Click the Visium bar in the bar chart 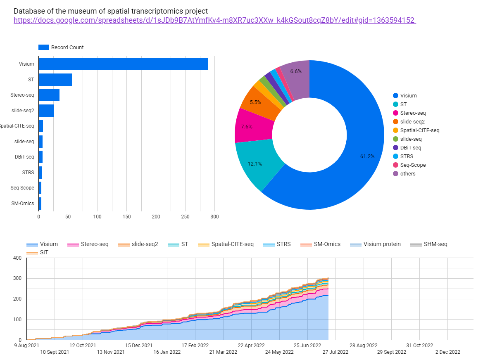123,64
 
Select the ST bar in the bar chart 55,80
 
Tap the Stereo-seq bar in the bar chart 49,95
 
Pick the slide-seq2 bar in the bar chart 46,111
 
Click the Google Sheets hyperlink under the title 214,20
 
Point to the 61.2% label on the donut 367,156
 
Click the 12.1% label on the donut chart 255,163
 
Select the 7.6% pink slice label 246,127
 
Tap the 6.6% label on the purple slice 296,71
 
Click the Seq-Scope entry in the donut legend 412,165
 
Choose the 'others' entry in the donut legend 407,173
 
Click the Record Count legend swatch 44,47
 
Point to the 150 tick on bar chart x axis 127,217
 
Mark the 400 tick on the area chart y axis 17,258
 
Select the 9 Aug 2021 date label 27,345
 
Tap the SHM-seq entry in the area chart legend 435,244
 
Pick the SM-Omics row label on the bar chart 22,204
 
